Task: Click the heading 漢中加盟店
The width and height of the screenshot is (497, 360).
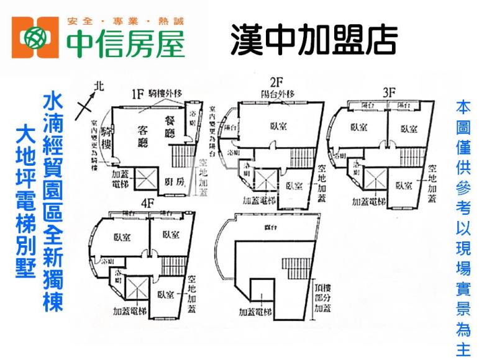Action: pos(313,38)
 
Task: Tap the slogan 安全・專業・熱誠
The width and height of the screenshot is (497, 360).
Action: pos(125,22)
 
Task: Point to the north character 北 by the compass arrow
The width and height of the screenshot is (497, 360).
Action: pos(96,88)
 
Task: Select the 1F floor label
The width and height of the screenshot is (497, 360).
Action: pos(137,94)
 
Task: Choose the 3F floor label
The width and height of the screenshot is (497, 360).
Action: pos(390,92)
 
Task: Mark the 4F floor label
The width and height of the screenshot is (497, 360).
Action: pos(147,203)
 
